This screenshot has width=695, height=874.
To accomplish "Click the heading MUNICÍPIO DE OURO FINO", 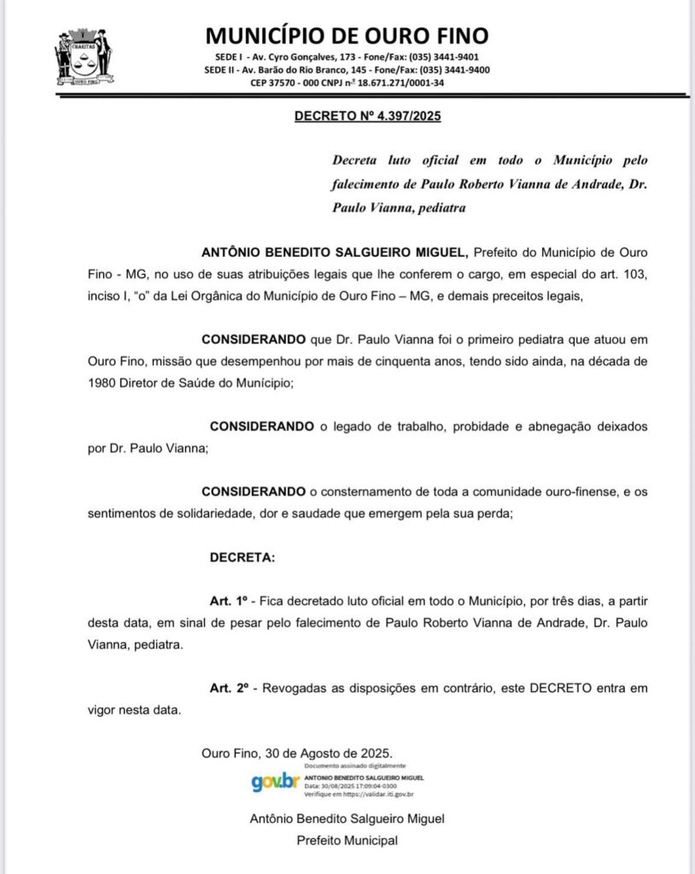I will pos(347,35).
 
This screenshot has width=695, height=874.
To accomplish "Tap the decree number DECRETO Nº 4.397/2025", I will pos(367,116).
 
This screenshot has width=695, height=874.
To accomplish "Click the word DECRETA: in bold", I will pos(242,558).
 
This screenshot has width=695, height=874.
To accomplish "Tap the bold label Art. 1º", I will pos(228,601).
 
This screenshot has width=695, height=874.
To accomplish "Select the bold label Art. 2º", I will pos(228,688).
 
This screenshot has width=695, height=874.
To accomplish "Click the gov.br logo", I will pos(275,782).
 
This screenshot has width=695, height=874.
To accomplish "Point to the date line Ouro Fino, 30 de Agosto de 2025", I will pos(297,754).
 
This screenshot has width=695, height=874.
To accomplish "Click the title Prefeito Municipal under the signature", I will pos(347,840).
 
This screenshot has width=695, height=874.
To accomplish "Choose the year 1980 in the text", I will pos(106,383).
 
